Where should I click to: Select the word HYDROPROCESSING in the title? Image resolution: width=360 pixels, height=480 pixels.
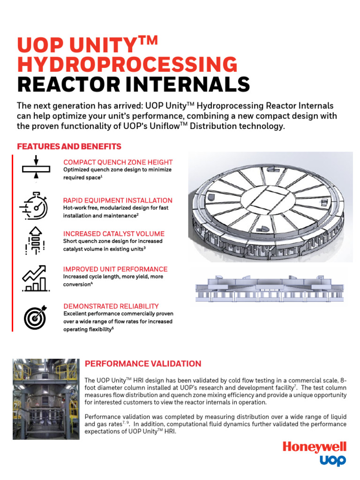pyautogui.click(x=127, y=65)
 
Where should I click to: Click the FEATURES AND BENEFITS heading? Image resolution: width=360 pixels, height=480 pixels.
pyautogui.click(x=69, y=147)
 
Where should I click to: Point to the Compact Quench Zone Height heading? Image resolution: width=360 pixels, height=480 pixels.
pyautogui.click(x=118, y=162)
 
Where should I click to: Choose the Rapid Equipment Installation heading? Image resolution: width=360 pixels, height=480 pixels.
pyautogui.click(x=118, y=200)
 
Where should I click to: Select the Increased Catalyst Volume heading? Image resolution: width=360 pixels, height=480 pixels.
pyautogui.click(x=114, y=233)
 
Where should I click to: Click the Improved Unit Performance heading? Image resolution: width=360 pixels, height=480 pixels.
pyautogui.click(x=115, y=269)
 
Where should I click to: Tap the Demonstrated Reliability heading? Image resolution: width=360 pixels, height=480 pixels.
pyautogui.click(x=111, y=306)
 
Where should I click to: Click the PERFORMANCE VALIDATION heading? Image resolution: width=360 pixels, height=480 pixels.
pyautogui.click(x=143, y=364)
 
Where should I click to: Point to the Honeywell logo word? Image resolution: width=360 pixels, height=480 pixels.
pyautogui.click(x=314, y=447)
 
